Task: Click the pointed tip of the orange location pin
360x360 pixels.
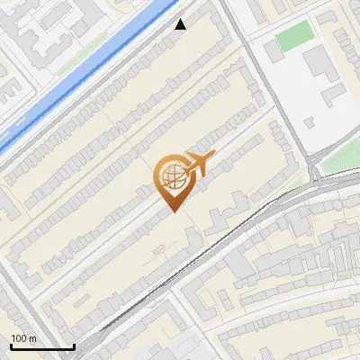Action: (172, 212)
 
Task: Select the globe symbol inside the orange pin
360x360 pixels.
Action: (171, 177)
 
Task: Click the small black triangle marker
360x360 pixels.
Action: (180, 24)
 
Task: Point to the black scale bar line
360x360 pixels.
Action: (42, 346)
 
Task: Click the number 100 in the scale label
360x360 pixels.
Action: (20, 338)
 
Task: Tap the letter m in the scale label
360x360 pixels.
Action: (33, 338)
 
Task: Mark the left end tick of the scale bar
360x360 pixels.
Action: (11, 345)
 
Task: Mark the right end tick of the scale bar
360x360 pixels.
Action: (74, 345)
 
